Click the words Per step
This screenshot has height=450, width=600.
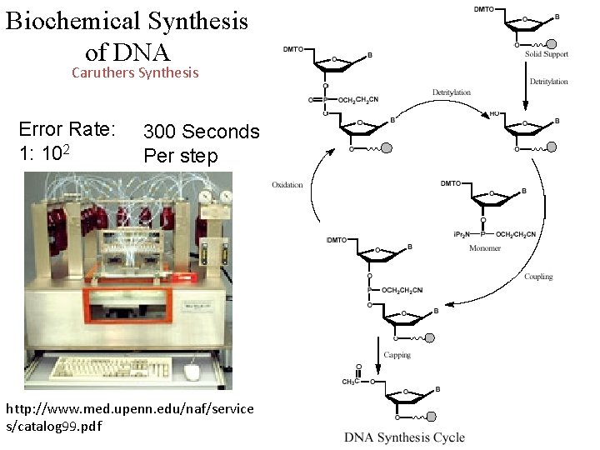click(x=180, y=156)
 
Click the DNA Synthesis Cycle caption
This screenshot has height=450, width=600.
click(x=404, y=437)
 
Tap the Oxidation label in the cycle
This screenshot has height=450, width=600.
click(x=287, y=185)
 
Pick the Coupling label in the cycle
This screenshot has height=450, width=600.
click(x=538, y=277)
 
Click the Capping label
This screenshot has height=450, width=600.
click(x=397, y=355)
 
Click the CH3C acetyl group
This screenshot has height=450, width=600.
click(x=352, y=382)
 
